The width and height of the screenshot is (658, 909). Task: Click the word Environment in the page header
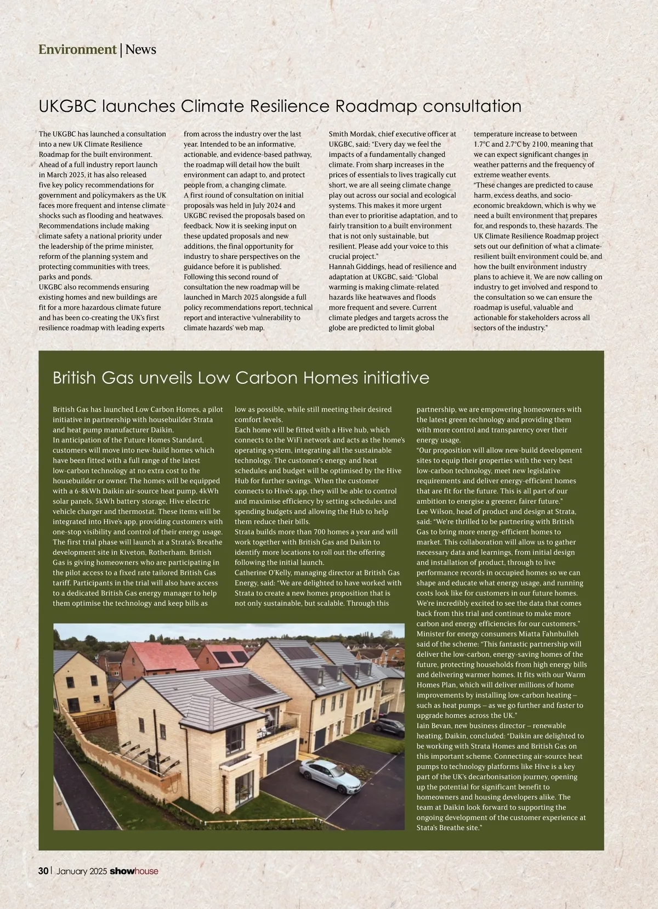(x=77, y=50)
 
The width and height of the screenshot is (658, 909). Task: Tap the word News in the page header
(x=141, y=50)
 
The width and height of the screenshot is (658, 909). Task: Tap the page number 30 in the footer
(x=43, y=871)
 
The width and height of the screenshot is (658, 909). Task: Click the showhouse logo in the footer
(x=134, y=871)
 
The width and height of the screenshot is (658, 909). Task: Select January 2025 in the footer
(x=82, y=871)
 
